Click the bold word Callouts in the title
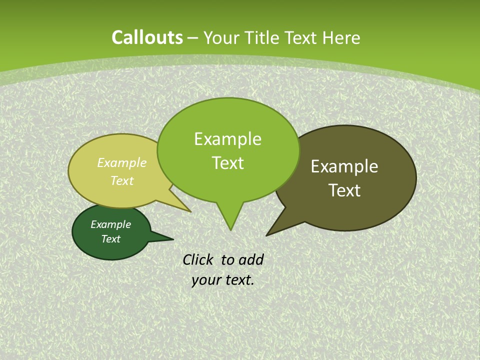(x=147, y=37)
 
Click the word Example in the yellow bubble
(x=122, y=162)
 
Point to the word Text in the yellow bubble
(x=122, y=180)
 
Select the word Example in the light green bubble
(x=227, y=139)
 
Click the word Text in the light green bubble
(x=227, y=163)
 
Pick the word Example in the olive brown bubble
(x=344, y=166)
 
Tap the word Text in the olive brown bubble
(x=344, y=190)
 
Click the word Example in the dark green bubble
(x=110, y=224)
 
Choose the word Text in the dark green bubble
(x=110, y=239)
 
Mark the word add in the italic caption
(x=251, y=259)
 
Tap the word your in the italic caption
(x=206, y=280)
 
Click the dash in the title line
(x=193, y=37)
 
